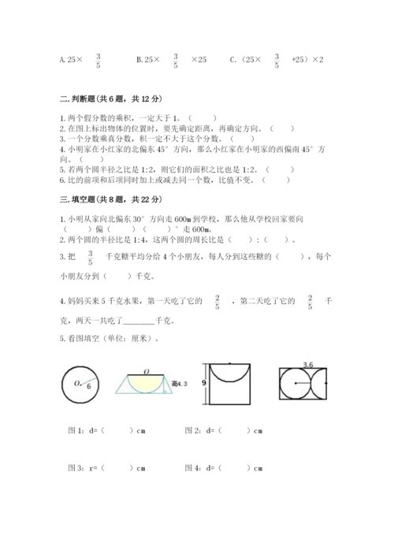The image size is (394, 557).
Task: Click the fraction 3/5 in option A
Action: click(98, 61)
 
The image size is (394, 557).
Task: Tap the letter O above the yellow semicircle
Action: click(147, 371)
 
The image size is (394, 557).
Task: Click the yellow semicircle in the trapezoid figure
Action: click(147, 384)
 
